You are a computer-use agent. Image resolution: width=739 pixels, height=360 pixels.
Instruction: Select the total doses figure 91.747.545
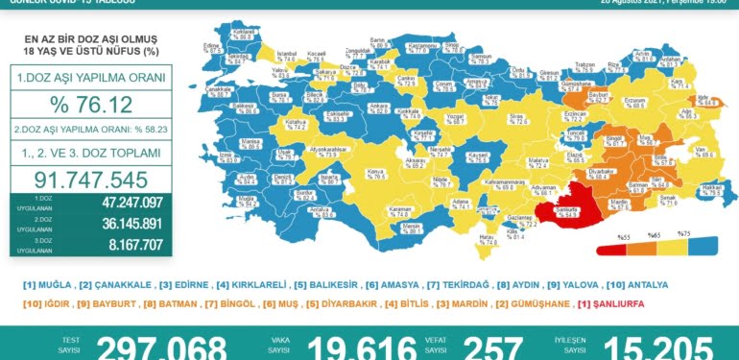(x=90, y=180)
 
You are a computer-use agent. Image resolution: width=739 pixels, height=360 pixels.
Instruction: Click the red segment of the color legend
(x=610, y=249)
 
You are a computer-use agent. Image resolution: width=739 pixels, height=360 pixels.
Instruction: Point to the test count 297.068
(x=161, y=348)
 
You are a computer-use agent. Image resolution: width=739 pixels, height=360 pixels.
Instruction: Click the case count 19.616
(x=369, y=348)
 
